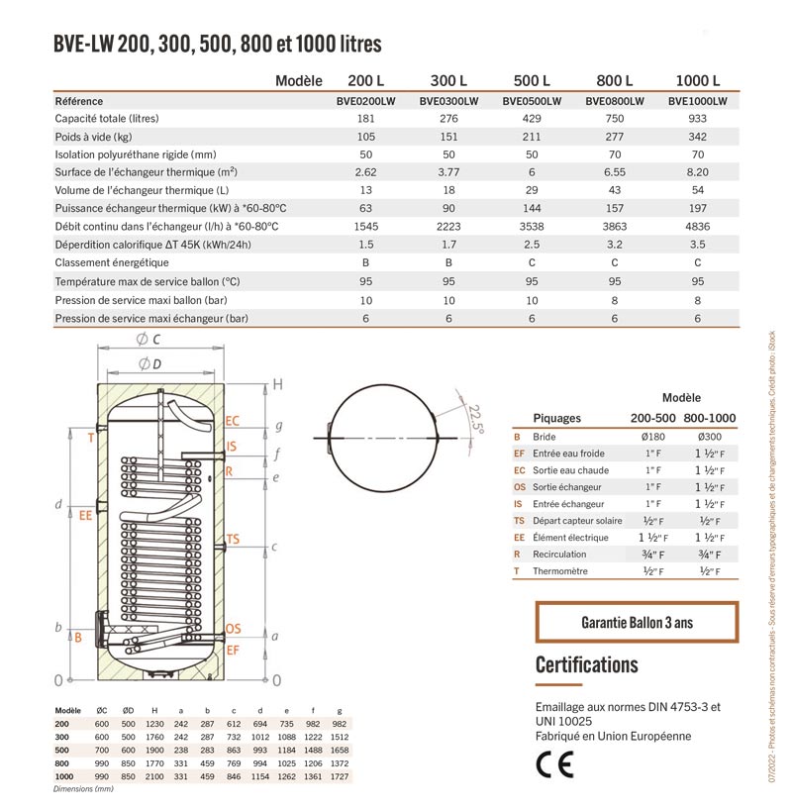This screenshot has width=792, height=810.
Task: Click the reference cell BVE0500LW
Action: point(532,101)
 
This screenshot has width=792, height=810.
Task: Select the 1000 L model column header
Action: point(697,80)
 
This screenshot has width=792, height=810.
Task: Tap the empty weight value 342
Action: point(697,137)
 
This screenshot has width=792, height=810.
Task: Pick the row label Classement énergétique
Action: point(112,262)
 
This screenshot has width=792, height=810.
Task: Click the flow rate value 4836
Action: point(697,227)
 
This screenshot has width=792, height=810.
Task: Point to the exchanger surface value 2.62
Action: point(366,172)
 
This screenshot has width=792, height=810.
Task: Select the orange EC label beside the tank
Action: point(233,421)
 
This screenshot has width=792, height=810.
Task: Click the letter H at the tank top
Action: point(278,383)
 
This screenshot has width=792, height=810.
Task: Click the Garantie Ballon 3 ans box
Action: point(637,623)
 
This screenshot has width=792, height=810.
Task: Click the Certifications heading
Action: point(586,664)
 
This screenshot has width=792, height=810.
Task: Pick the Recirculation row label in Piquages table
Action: point(559,554)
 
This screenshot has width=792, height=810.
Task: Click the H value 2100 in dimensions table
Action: point(154,777)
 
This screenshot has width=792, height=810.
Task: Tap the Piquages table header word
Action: point(557,418)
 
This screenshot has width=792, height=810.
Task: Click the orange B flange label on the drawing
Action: point(78,638)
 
